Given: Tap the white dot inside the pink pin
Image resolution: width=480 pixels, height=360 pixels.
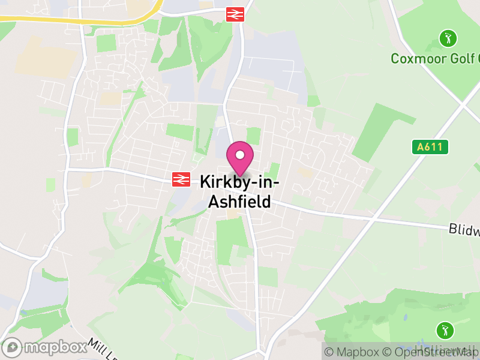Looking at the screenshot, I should pos(240,155).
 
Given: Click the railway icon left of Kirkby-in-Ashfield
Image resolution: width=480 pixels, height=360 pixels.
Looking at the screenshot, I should pos(181,179).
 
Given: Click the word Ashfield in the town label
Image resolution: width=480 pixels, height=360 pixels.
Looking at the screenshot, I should pos(239,202).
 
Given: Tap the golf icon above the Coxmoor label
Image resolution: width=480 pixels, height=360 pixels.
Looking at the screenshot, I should pos(448,39).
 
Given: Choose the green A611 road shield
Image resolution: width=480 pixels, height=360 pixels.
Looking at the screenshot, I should pos(430,147).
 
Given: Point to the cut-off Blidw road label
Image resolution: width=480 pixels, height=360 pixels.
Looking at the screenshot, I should pos(464,230).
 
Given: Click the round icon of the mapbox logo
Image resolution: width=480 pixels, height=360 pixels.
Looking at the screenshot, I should pos(11,347).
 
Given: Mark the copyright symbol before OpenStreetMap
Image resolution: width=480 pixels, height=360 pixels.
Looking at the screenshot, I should pos(388,352).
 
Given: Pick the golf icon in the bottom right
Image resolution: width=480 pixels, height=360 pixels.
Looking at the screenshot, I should pos(445,329).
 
